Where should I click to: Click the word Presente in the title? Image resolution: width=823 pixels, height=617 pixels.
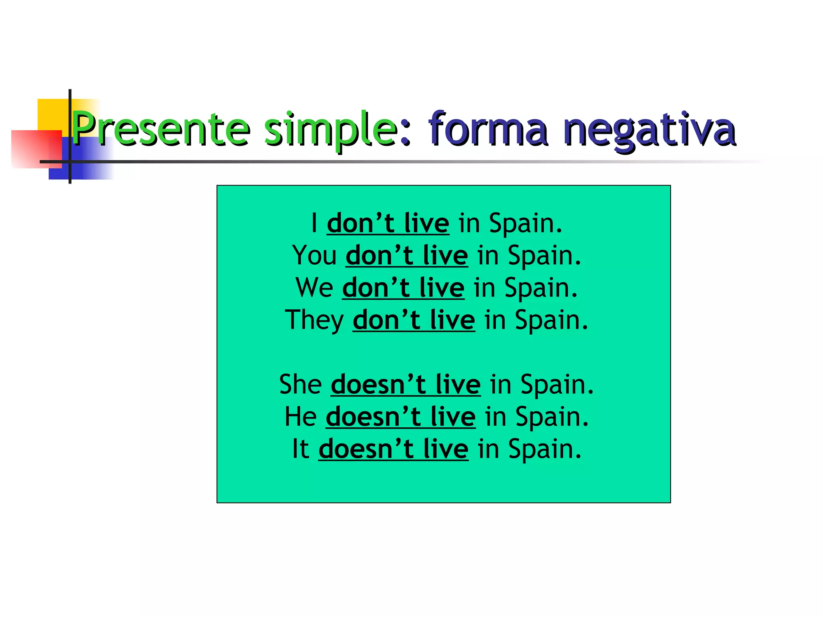[x=161, y=129]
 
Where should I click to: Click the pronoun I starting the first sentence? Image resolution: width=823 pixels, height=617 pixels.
[x=315, y=223]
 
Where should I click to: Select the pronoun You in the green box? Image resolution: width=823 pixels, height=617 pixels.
[x=314, y=255]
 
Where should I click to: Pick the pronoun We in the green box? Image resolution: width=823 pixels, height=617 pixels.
[x=314, y=288]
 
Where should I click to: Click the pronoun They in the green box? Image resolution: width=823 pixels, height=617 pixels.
[x=314, y=321]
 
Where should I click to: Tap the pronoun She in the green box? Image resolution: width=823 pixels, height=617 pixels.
[x=300, y=384]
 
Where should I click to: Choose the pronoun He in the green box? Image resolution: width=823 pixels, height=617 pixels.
[x=301, y=417]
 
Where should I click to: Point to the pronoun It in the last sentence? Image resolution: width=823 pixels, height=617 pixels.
[x=301, y=449]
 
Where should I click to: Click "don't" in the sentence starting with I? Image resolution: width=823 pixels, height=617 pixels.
[x=360, y=223]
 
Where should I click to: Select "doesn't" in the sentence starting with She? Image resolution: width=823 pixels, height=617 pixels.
[x=378, y=384]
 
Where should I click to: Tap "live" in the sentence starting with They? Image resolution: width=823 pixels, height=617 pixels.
[x=452, y=320]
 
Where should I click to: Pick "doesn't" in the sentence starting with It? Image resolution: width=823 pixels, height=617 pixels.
[x=366, y=449]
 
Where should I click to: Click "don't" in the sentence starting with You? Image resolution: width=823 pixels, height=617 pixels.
[x=379, y=255]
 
